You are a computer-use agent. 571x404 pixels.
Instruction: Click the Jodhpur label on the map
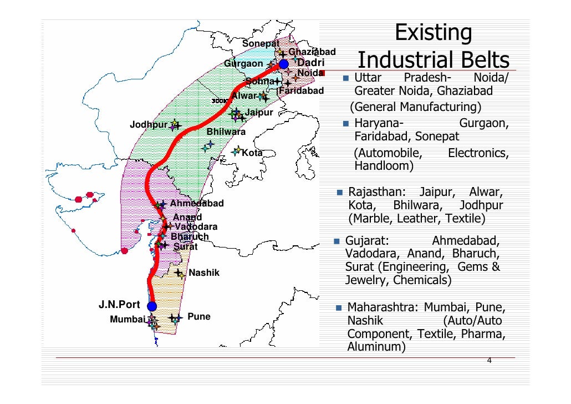148,124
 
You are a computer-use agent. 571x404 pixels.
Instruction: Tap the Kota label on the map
252,153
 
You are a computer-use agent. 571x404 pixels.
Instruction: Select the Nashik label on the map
204,273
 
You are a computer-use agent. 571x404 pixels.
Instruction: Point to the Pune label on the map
199,317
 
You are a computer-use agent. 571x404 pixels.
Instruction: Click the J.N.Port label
119,304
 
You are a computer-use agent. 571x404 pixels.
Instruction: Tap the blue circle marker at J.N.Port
151,306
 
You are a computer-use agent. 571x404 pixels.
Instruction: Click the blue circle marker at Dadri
284,65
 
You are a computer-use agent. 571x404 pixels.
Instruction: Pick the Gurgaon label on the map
243,64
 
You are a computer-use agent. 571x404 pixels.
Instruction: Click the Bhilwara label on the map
226,132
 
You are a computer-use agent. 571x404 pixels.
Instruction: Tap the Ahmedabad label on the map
196,204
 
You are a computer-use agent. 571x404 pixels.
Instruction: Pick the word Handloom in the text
383,166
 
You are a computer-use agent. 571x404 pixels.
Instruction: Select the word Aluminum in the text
375,347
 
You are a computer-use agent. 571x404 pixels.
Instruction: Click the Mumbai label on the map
127,319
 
